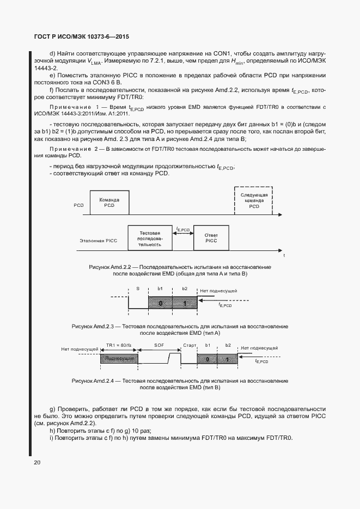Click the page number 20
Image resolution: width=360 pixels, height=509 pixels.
pos(36,463)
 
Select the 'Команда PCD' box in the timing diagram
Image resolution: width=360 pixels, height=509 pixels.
pos(109,203)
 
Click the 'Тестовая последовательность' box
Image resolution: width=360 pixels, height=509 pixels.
pos(149,237)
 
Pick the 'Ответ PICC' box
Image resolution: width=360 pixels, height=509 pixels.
pos(211,237)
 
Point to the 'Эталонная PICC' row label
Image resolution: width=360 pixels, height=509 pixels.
pos(98,240)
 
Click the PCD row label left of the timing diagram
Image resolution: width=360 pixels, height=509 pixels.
pos(78,206)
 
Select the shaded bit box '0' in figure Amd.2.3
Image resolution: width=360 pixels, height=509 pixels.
pos(160,303)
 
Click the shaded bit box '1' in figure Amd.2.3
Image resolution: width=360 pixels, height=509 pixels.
pos(185,303)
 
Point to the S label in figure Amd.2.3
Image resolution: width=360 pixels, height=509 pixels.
pos(138,289)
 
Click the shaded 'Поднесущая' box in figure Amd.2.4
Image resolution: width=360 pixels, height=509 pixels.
pos(119,359)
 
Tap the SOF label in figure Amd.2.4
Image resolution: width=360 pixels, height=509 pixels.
pos(159,346)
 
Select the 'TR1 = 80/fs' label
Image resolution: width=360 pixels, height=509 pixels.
pos(118,346)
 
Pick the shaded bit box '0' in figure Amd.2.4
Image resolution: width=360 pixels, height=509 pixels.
pos(208,359)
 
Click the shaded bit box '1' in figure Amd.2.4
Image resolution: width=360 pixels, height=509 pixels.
pos(228,359)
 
